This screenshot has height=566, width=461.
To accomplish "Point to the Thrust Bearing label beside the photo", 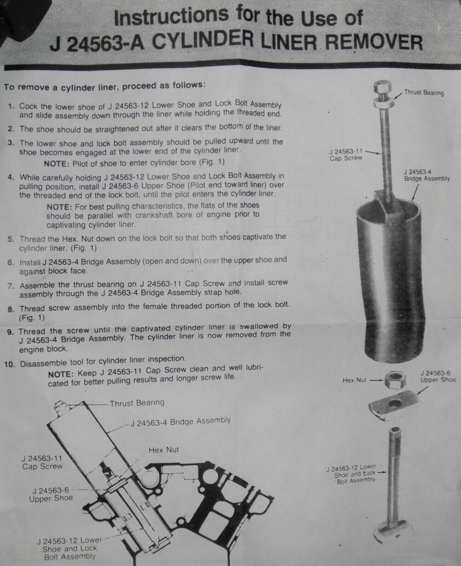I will [424, 93].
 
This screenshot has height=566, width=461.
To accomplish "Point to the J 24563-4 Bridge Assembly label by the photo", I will [427, 175].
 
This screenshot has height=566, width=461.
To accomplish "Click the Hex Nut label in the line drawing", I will [163, 450].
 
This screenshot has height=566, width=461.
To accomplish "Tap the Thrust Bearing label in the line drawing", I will [137, 403].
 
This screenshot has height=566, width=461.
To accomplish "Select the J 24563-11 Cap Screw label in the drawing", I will [42, 462].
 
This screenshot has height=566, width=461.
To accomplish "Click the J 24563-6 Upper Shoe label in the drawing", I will [51, 494].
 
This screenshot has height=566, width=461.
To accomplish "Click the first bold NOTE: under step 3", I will [56, 163].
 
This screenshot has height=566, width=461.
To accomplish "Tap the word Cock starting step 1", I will [27, 106].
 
